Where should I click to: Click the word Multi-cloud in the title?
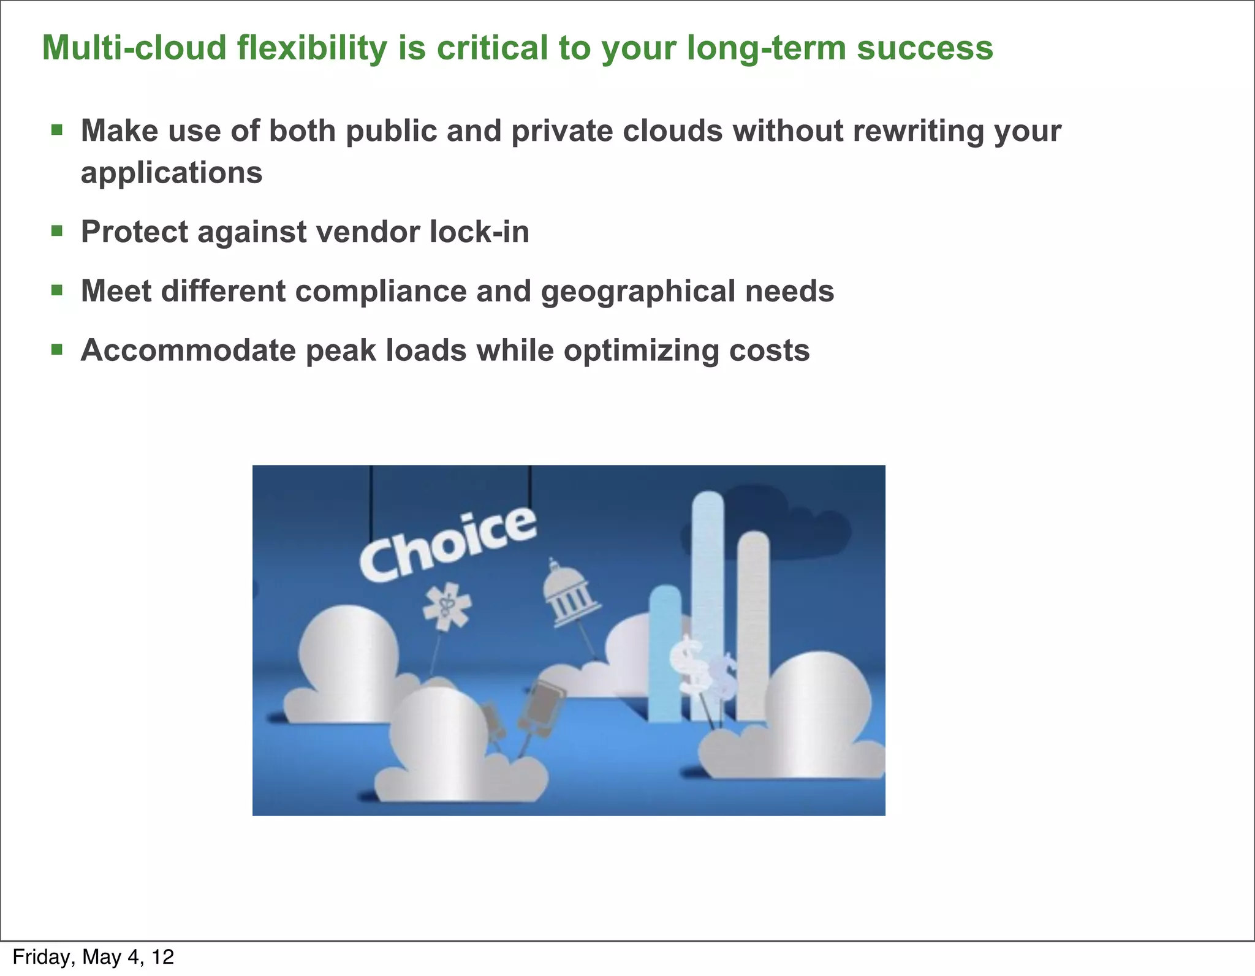[134, 48]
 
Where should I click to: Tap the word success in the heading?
[924, 48]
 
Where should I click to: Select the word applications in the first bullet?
[172, 173]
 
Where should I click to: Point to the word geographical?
[638, 292]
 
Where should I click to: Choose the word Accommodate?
[188, 351]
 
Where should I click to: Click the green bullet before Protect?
[57, 231]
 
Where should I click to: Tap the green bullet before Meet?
[57, 290]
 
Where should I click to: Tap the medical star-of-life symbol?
[447, 607]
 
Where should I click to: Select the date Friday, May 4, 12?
[93, 957]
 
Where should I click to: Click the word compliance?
[381, 292]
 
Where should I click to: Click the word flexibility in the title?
[313, 48]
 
